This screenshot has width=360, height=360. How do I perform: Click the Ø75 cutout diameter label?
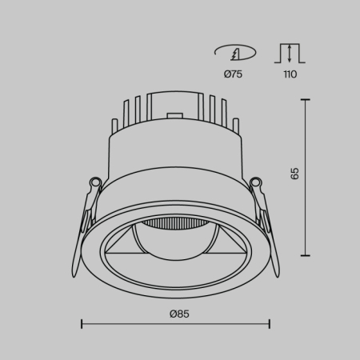pyautogui.click(x=234, y=74)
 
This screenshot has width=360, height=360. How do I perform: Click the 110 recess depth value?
pyautogui.click(x=290, y=74)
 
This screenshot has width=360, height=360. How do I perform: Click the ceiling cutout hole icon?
pyautogui.click(x=234, y=53)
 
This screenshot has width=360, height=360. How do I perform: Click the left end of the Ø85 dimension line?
pyautogui.click(x=82, y=323)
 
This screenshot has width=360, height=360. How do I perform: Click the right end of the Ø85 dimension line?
pyautogui.click(x=270, y=323)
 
